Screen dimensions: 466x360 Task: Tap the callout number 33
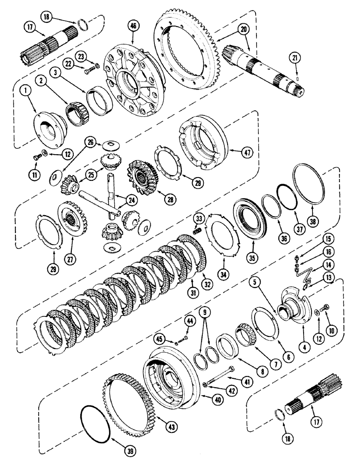click(x=199, y=218)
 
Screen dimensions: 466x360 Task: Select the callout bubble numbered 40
click(x=207, y=400)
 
